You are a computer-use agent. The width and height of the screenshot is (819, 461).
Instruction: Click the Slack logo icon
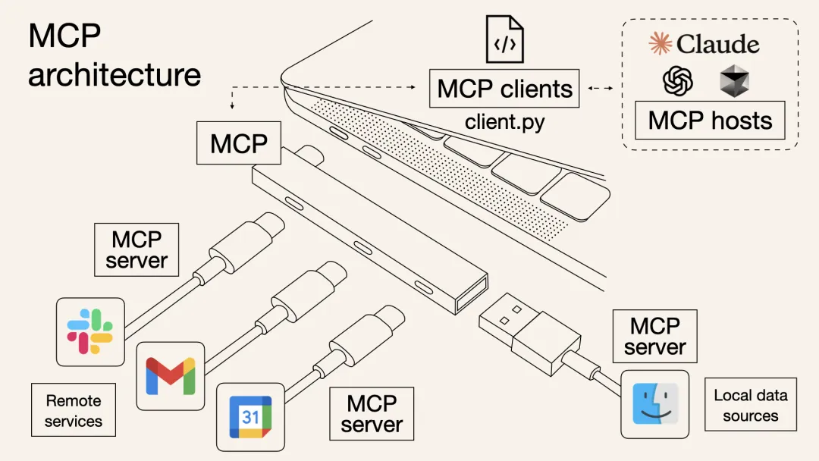(90, 332)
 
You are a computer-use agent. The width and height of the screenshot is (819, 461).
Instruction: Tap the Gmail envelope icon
(170, 376)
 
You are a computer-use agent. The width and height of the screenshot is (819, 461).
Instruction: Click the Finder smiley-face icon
(654, 404)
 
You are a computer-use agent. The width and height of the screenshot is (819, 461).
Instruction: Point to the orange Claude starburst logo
(661, 44)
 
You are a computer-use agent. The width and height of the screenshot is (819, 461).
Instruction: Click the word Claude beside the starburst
(717, 44)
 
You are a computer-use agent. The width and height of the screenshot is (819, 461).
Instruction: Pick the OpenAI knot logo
(678, 80)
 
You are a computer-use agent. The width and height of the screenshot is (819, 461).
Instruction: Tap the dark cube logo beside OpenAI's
(734, 81)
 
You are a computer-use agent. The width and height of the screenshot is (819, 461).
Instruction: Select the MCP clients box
(504, 89)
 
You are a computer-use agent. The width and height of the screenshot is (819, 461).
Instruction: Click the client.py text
(504, 121)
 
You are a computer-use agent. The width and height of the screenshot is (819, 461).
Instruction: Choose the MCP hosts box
(710, 121)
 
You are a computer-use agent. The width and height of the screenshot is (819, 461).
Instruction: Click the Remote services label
(73, 410)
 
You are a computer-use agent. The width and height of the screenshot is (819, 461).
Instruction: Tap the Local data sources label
(750, 405)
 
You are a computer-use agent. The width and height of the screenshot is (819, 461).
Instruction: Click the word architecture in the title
(115, 75)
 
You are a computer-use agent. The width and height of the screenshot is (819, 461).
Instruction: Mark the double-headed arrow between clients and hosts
(601, 89)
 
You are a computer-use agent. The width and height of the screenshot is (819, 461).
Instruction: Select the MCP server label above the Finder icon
(654, 336)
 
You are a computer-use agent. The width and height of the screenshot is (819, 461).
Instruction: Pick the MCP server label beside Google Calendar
(372, 413)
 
